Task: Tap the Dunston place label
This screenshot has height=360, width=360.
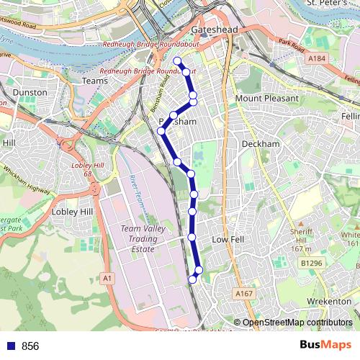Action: pyautogui.click(x=30, y=93)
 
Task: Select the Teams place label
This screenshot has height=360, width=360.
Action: pyautogui.click(x=95, y=81)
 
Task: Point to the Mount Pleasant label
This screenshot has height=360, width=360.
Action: pyautogui.click(x=266, y=98)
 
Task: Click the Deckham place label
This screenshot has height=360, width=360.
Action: pyautogui.click(x=260, y=144)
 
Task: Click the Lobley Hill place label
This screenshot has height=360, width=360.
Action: pyautogui.click(x=73, y=212)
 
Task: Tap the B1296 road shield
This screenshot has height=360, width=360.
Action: pyautogui.click(x=311, y=264)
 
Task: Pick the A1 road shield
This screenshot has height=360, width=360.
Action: pyautogui.click(x=107, y=277)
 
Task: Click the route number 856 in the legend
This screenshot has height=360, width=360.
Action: pyautogui.click(x=30, y=346)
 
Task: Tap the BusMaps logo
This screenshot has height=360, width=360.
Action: pyautogui.click(x=325, y=345)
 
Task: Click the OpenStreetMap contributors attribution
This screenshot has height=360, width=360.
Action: pyautogui.click(x=297, y=323)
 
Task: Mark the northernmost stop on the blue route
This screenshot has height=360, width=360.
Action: pyautogui.click(x=176, y=61)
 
